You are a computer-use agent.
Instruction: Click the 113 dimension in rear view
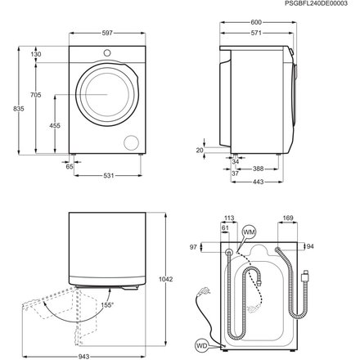pos(230,218)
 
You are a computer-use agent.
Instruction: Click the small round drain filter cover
pos(128,143)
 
